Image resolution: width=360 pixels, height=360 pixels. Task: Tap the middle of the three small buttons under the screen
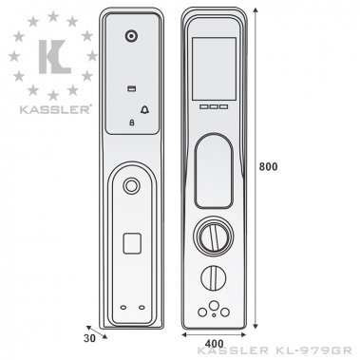[x=214, y=106]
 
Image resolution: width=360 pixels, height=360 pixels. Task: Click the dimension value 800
[x=270, y=167]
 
